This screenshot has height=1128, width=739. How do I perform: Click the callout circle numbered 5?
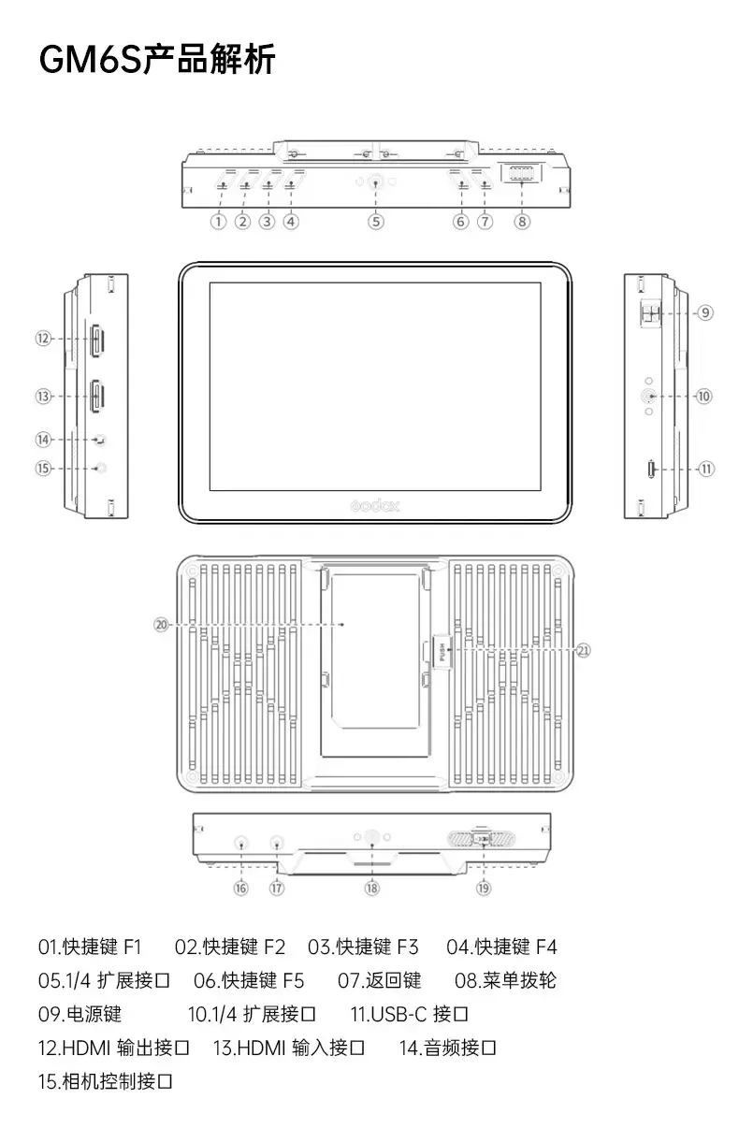click(x=376, y=222)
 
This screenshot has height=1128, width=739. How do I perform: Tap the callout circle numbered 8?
click(x=522, y=222)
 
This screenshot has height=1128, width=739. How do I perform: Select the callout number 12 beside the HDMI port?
click(x=43, y=339)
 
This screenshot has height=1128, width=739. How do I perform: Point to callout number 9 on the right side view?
click(x=705, y=312)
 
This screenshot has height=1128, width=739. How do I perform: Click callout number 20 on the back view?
click(x=161, y=625)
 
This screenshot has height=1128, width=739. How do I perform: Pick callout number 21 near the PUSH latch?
click(x=583, y=651)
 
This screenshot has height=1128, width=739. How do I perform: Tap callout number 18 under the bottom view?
click(x=371, y=889)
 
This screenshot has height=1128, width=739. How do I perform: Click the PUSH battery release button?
click(x=442, y=652)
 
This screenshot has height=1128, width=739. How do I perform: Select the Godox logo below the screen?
click(x=375, y=506)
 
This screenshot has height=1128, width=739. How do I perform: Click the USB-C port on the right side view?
click(x=651, y=470)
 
